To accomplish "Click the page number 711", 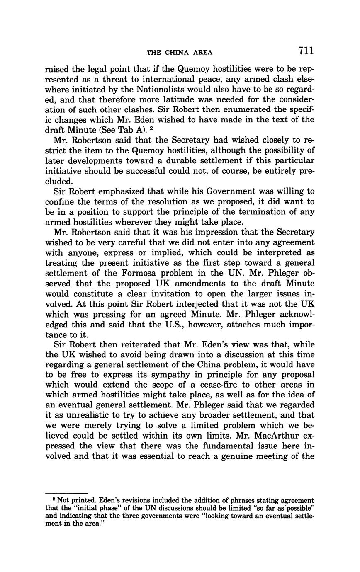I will click(305, 51).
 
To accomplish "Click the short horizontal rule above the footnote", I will click(66, 493).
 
